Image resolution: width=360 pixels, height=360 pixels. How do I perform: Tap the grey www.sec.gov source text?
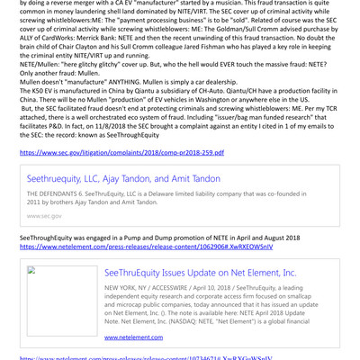[44, 216]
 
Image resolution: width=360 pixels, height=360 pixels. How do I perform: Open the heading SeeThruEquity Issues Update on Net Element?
[200, 273]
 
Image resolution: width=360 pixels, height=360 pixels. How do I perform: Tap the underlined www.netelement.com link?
[133, 337]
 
